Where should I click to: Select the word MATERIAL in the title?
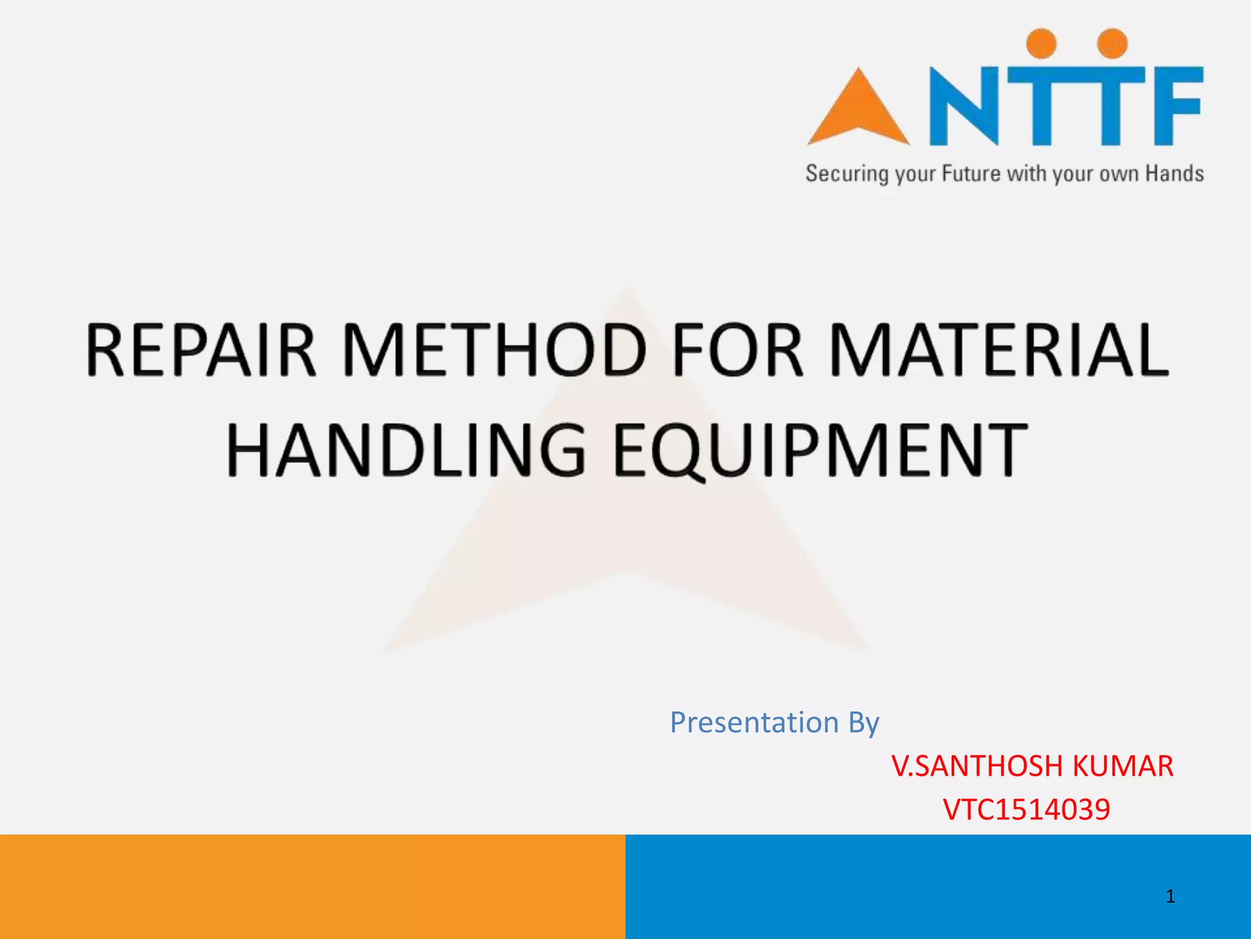coord(999,350)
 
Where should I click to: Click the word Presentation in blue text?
coord(754,723)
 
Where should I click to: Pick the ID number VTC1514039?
coord(1026,809)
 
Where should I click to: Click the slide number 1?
coord(1170,896)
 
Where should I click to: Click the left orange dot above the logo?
coord(1041,43)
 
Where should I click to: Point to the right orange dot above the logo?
coord(1112,43)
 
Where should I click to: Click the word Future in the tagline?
coord(971,174)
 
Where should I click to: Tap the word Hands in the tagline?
coord(1174,174)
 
